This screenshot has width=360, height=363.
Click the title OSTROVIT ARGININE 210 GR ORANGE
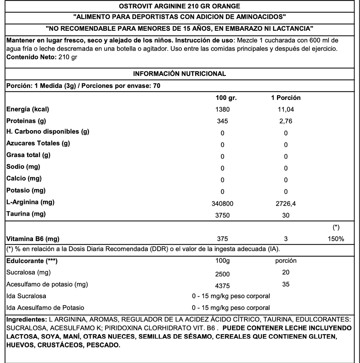pyautogui.click(x=179, y=6)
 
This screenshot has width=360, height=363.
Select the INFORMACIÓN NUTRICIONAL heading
pyautogui.click(x=179, y=74)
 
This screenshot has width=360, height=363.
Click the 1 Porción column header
pyautogui.click(x=286, y=98)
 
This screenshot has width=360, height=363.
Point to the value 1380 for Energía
pyautogui.click(x=222, y=109)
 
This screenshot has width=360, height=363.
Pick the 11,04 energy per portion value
pyautogui.click(x=286, y=109)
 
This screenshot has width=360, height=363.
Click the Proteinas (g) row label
pyautogui.click(x=26, y=121)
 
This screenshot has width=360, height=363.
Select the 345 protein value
pyautogui.click(x=222, y=121)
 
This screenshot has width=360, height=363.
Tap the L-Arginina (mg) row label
pyautogui.click(x=30, y=202)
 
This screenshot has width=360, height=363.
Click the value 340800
pyautogui.click(x=222, y=203)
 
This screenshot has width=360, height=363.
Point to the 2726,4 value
pyautogui.click(x=286, y=203)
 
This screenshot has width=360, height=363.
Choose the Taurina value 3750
pyautogui.click(x=222, y=215)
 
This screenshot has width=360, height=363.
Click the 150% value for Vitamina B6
pyautogui.click(x=336, y=239)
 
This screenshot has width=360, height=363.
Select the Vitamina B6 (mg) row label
pyautogui.click(x=33, y=239)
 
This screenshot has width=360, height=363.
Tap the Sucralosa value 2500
pyautogui.click(x=222, y=274)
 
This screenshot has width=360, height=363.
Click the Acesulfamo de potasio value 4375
pyautogui.click(x=222, y=286)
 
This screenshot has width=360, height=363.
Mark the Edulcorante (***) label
pyautogui.click(x=32, y=261)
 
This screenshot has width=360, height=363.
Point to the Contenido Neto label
pyautogui.click(x=30, y=57)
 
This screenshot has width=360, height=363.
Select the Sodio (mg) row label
pyautogui.click(x=23, y=167)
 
